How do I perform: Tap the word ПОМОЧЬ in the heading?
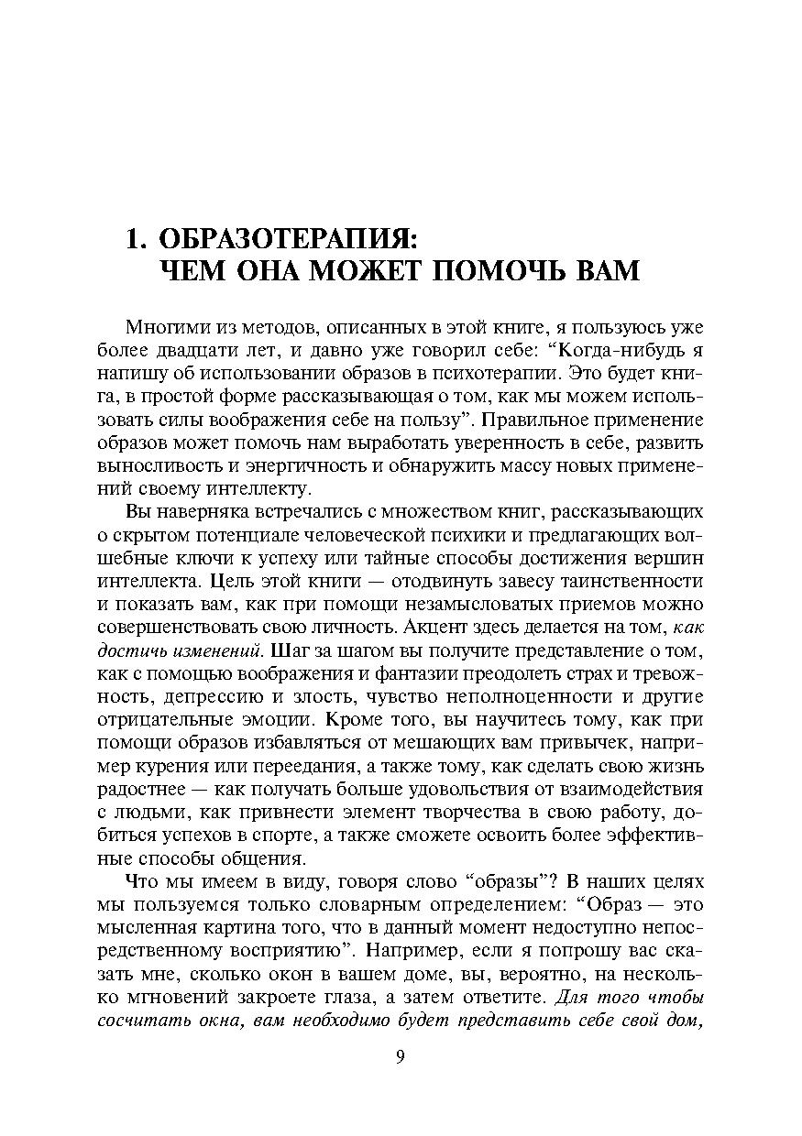pyautogui.click(x=499, y=272)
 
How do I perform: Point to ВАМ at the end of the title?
pyautogui.click(x=608, y=272)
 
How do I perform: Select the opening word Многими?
pyautogui.click(x=158, y=327)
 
